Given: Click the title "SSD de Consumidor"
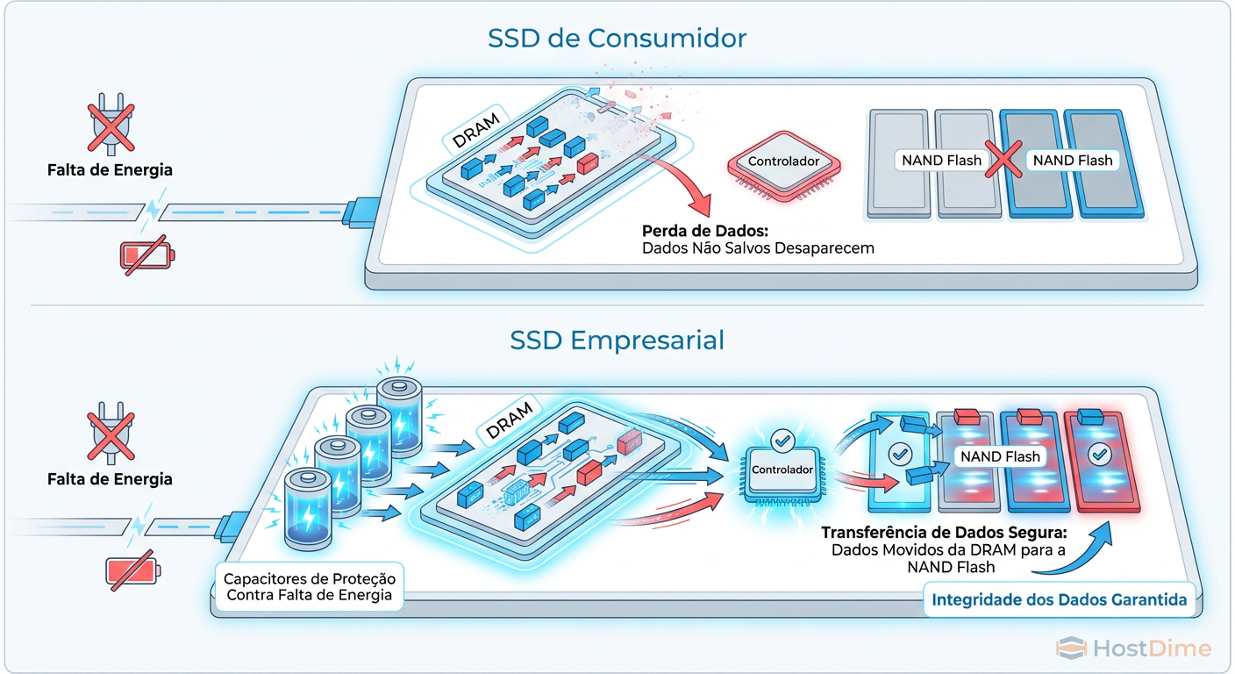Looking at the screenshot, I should click(x=617, y=39).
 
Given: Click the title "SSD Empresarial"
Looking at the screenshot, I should click(x=617, y=340).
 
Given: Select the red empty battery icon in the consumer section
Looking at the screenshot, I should click(x=146, y=255).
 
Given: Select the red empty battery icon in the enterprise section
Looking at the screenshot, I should click(x=133, y=570).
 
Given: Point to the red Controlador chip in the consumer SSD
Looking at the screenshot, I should click(x=783, y=162).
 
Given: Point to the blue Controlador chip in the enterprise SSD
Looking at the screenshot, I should click(x=782, y=470).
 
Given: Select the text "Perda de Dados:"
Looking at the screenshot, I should click(x=705, y=232).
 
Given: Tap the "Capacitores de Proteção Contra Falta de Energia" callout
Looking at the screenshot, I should click(x=310, y=587).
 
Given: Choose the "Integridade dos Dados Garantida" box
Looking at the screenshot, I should click(x=1059, y=600).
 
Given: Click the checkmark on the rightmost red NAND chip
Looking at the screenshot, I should click(x=1096, y=455).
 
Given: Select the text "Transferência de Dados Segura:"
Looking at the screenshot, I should click(x=943, y=533).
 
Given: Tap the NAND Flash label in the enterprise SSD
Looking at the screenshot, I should click(x=1000, y=456).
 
